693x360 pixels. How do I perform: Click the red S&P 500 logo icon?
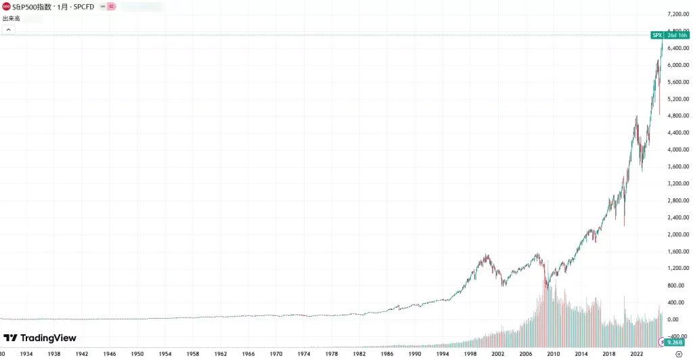pos(6,6)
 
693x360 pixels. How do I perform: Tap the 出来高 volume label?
pos(10,19)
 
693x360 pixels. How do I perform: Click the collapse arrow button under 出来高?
pos(7,30)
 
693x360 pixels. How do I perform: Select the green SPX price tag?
pos(656,35)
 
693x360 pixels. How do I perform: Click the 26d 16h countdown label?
pos(677,35)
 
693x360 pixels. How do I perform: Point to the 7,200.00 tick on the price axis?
pos(677,14)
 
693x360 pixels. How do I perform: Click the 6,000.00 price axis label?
pos(677,65)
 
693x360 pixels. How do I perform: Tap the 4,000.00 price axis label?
pos(677,150)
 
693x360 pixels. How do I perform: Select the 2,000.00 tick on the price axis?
pos(677,234)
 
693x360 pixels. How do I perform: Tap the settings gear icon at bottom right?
pos(679,354)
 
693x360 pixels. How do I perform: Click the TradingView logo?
pos(40,338)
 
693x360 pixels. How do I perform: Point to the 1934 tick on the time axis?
pos(26,354)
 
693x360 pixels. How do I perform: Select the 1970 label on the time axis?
pos(276,354)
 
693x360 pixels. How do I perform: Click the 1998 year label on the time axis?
pos(470,354)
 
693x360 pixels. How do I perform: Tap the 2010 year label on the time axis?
pos(554,354)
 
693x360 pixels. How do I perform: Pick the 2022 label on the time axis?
pos(637,354)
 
